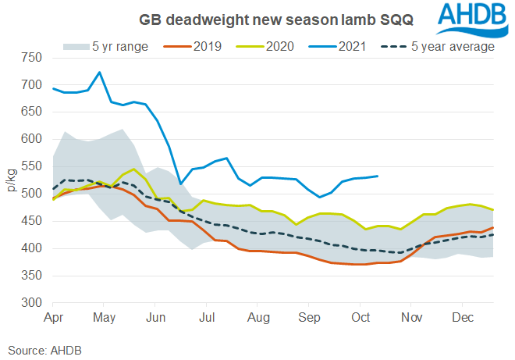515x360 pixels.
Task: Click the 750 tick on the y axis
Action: (x=32, y=58)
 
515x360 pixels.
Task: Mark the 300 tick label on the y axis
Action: (x=32, y=303)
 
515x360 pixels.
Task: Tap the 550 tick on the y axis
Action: (x=32, y=167)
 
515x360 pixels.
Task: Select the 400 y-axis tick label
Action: (x=32, y=249)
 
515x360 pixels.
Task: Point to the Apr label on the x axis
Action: (x=54, y=319)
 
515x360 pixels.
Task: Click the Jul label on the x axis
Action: (x=208, y=319)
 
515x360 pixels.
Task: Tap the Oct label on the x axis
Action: (x=361, y=319)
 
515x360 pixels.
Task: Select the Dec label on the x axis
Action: (x=463, y=319)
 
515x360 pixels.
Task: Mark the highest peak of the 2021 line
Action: (x=99, y=73)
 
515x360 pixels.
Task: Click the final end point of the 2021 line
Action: (x=378, y=176)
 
